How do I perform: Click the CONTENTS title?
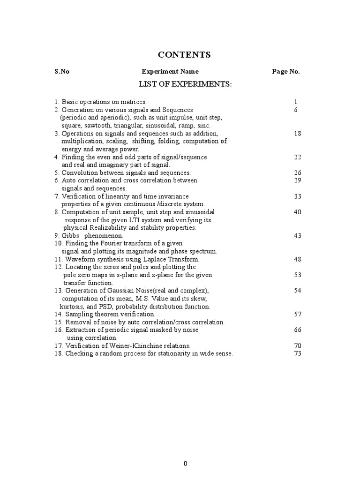[x=184, y=55]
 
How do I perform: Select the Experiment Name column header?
[x=170, y=72]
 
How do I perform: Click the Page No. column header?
[x=285, y=72]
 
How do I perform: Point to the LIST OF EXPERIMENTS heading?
[x=185, y=84]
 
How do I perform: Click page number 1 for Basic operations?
[x=296, y=102]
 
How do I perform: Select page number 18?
[x=297, y=133]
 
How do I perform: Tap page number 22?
[x=297, y=157]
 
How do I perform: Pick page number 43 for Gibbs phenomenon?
[x=297, y=235]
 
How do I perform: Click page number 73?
[x=297, y=353]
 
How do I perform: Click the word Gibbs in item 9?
[x=70, y=235]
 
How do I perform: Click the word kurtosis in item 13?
[x=69, y=307]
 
